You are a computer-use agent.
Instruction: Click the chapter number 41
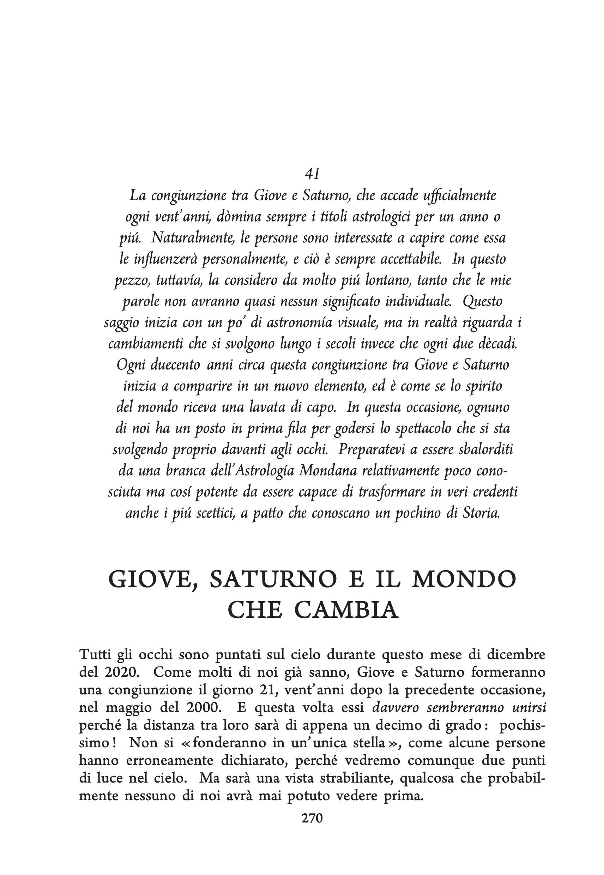click(312, 174)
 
